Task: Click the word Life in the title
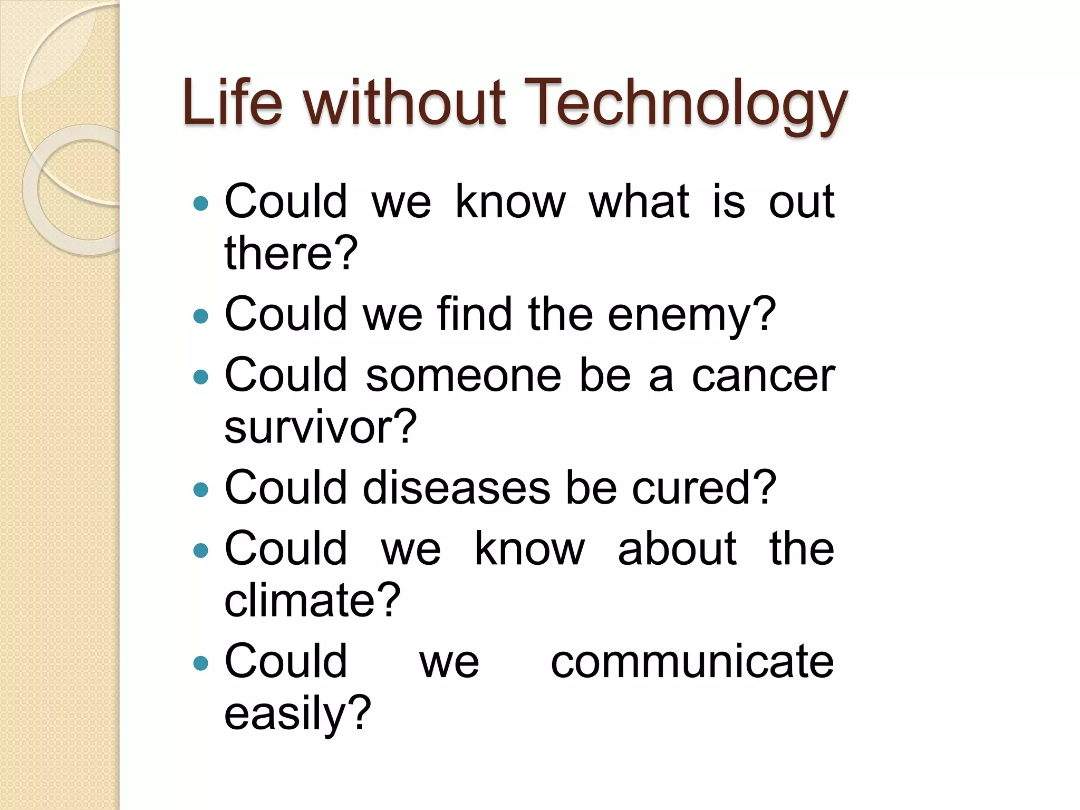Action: (x=232, y=103)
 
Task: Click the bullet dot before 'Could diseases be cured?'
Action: (x=201, y=490)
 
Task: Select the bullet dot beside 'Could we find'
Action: (x=201, y=316)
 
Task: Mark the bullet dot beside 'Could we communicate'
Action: (x=201, y=663)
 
